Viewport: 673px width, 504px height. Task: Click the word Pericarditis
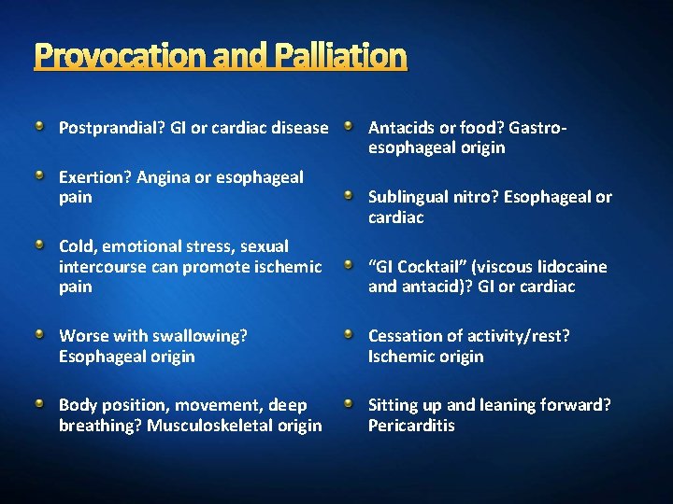coord(411,426)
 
